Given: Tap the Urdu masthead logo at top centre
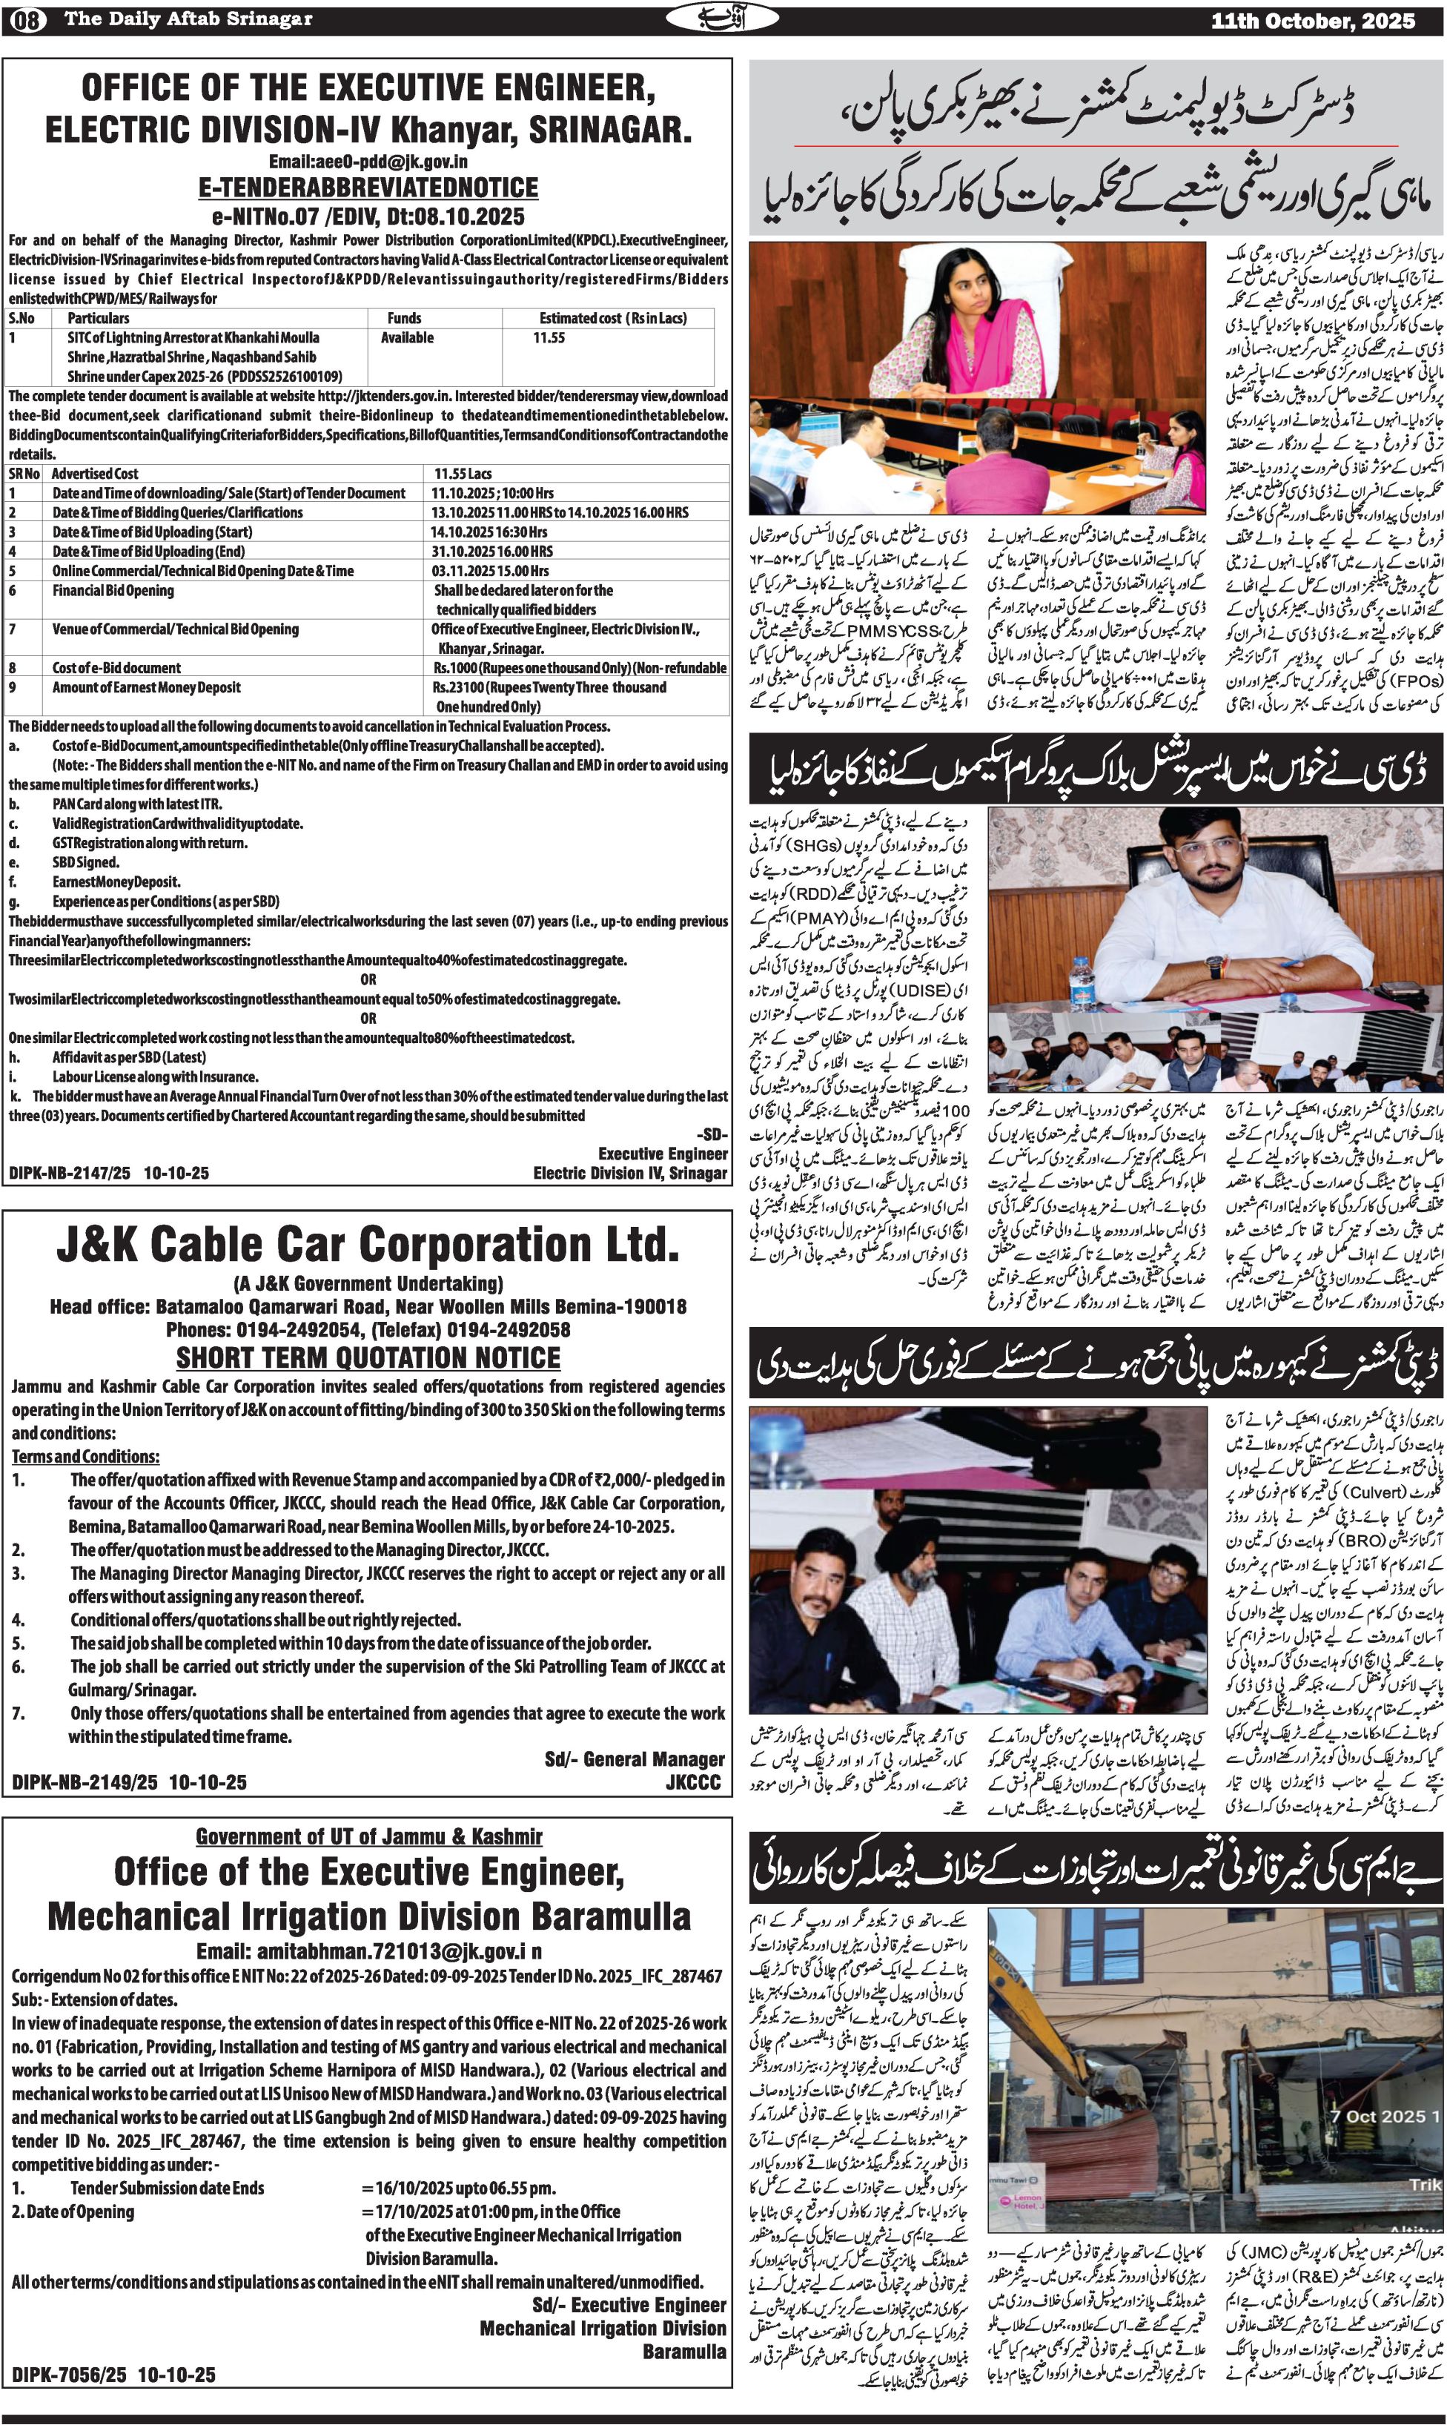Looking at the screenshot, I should click(723, 19).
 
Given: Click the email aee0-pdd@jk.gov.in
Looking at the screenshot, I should click(368, 162).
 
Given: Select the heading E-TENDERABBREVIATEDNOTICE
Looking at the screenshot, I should click(368, 188).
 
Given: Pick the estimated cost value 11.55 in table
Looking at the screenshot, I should click(549, 337).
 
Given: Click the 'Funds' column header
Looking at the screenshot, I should click(404, 318).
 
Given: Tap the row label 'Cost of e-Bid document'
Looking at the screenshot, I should click(116, 668).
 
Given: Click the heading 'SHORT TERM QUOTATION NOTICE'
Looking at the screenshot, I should click(368, 1357).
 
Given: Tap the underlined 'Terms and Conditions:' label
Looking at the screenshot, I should click(86, 1457).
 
